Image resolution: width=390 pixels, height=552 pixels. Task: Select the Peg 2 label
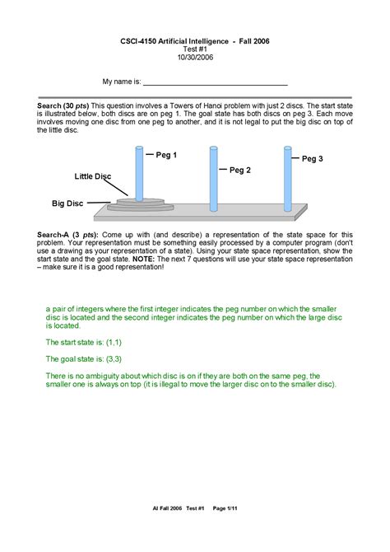[x=239, y=170]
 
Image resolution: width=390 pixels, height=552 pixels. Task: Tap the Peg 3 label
[x=313, y=158]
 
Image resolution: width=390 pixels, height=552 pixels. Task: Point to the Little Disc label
[x=92, y=177]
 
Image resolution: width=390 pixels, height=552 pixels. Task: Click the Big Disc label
[x=68, y=202]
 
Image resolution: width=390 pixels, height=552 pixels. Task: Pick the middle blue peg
[x=213, y=178]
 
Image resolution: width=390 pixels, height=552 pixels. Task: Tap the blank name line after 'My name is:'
[x=216, y=83]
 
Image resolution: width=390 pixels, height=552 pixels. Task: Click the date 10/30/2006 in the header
[x=194, y=57]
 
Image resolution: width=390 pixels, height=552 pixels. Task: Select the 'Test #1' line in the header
[x=194, y=49]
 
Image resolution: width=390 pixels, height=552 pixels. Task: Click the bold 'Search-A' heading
[x=53, y=235]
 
